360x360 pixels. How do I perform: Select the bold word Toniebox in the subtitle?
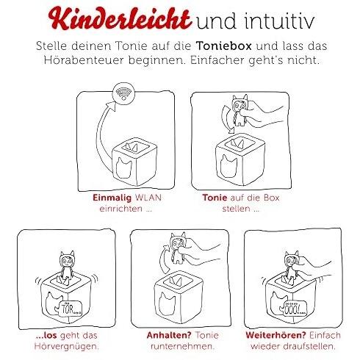[x=223, y=46]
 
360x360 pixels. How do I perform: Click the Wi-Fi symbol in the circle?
[x=123, y=93]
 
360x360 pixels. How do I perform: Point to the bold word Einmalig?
[x=112, y=198]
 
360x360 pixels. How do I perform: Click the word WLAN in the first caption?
[x=148, y=198]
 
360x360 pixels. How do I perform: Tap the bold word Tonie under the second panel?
[x=215, y=198]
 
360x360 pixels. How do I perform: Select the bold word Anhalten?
[x=168, y=335]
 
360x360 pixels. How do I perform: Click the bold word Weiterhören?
[x=276, y=335]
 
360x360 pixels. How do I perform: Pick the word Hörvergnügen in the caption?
[x=67, y=347]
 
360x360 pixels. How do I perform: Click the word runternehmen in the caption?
[x=182, y=346]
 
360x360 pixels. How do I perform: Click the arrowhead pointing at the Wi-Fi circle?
[x=112, y=107]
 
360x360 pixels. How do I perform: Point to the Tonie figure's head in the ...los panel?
[x=67, y=260]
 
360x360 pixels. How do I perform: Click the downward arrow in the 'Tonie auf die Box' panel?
[x=226, y=120]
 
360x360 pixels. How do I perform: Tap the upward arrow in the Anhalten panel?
[x=165, y=259]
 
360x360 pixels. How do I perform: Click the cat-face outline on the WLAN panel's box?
[x=123, y=167]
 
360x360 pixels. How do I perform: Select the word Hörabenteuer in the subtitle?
[x=84, y=60]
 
